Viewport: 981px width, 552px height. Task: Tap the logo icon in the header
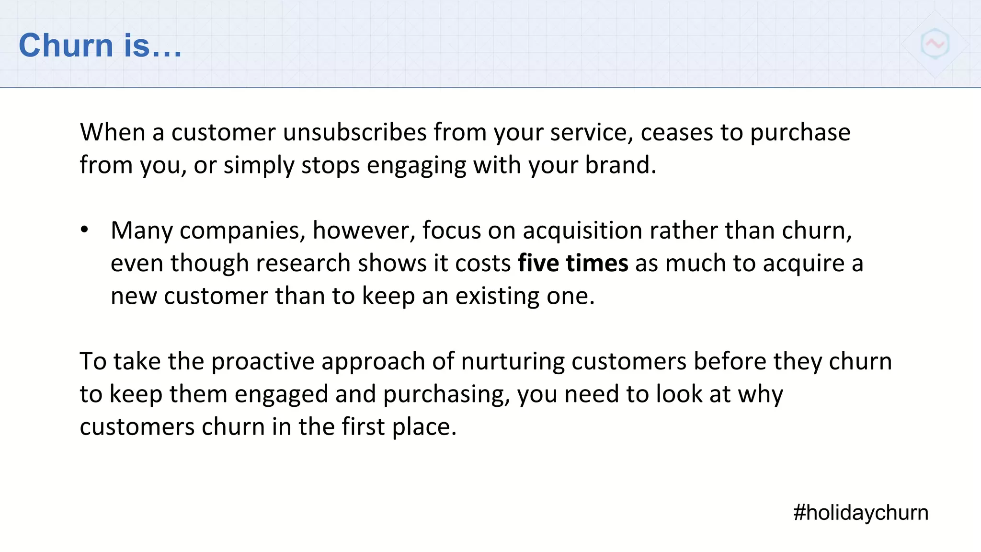pos(935,44)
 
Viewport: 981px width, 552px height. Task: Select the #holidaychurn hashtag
pos(860,512)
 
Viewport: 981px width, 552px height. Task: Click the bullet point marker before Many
pos(85,230)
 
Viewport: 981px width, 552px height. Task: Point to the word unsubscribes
pos(354,132)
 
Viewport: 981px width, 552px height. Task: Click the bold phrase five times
pos(573,263)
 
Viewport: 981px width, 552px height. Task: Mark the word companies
pos(242,230)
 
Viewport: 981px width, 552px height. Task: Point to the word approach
pos(373,362)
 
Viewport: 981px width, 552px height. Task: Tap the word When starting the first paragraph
pos(112,132)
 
